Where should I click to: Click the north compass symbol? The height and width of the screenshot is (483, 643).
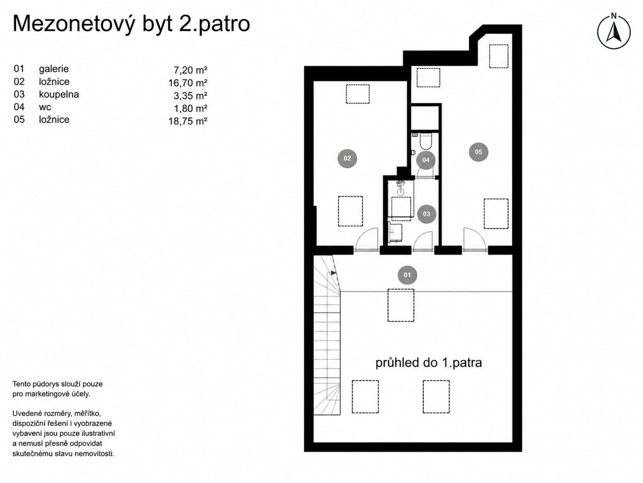(614, 31)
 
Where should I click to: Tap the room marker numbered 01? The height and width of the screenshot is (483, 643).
(407, 275)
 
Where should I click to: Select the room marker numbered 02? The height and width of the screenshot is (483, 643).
(347, 158)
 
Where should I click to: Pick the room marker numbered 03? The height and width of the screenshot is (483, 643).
(426, 214)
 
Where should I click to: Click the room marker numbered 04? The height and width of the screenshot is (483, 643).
(426, 160)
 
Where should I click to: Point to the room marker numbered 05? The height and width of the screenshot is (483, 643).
(478, 152)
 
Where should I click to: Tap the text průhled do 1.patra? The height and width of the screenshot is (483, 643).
(429, 363)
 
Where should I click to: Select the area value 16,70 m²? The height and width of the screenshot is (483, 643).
(188, 83)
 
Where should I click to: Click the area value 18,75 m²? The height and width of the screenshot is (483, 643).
(188, 121)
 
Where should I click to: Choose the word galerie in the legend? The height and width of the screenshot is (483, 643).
(54, 69)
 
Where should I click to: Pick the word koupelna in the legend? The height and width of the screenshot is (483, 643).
(59, 94)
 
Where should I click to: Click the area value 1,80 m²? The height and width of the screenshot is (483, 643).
(191, 109)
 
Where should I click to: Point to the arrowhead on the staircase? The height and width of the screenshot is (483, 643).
(333, 273)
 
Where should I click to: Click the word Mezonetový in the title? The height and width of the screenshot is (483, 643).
(74, 24)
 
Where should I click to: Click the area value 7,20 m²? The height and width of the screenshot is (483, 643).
(191, 70)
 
